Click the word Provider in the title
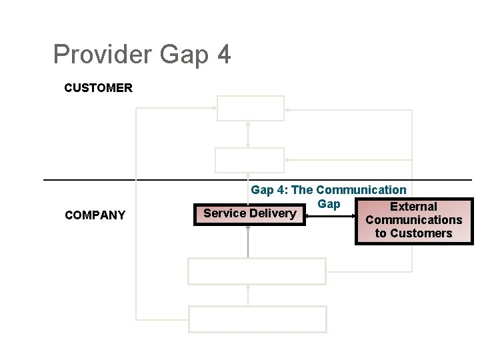103,55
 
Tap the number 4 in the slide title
223,55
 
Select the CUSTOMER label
98,87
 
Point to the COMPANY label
95,215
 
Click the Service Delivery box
249,213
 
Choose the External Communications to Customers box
413,221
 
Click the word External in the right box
413,207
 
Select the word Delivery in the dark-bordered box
272,213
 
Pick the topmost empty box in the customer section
251,108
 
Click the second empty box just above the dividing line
249,160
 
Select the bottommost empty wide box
258,319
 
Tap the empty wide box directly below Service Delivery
257,271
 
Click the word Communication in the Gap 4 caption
361,190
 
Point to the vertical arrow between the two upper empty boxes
248,134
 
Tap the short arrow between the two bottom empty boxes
248,295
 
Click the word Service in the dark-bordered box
225,213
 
